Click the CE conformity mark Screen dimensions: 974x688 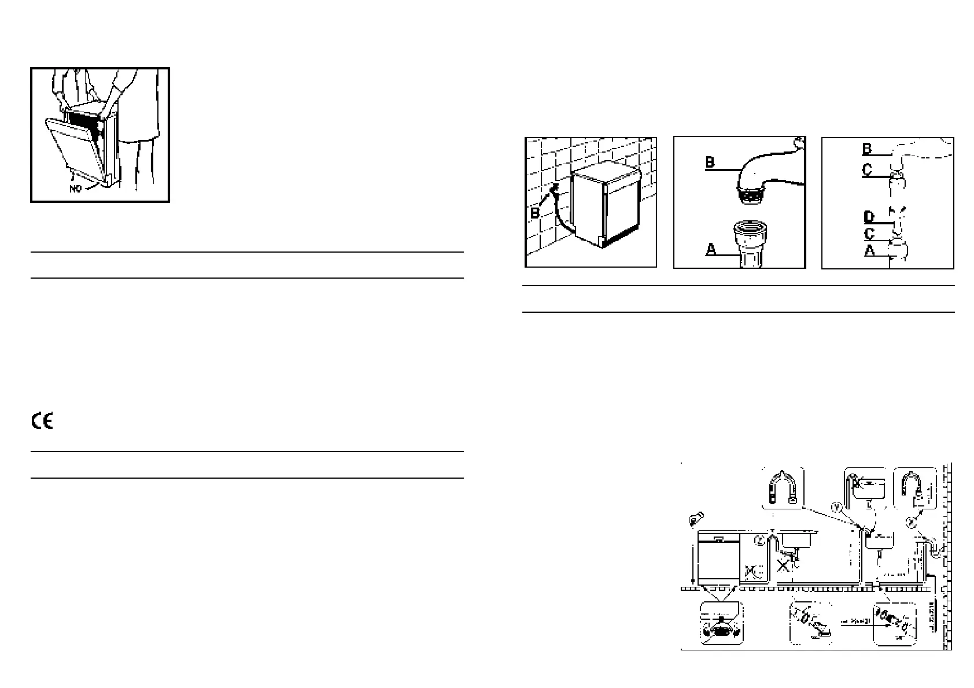click(x=42, y=421)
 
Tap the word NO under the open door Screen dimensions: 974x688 click(x=76, y=189)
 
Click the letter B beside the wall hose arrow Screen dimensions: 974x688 click(x=535, y=213)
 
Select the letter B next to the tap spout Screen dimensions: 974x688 click(x=710, y=162)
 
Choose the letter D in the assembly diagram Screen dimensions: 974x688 click(x=868, y=217)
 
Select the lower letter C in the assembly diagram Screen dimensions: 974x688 click(x=869, y=234)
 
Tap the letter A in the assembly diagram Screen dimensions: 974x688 click(x=869, y=251)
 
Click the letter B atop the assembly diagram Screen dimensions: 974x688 click(x=866, y=149)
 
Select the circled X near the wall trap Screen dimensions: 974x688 click(x=912, y=523)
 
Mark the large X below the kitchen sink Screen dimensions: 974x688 click(x=783, y=565)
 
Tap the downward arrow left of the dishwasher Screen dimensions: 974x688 click(x=692, y=561)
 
